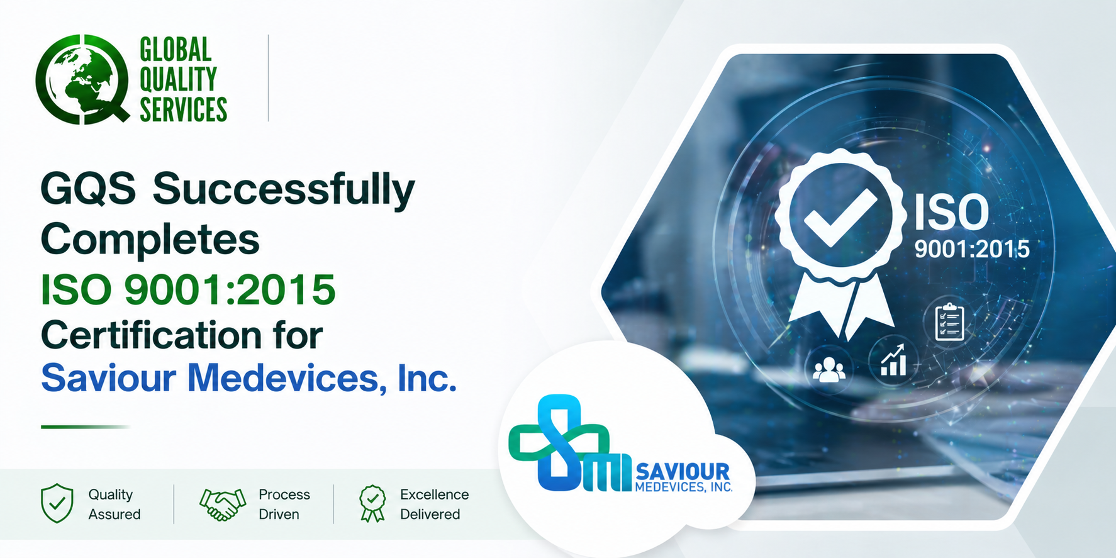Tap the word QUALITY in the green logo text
click(178, 79)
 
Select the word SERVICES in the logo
click(183, 109)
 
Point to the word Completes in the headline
click(150, 240)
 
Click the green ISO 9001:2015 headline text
click(188, 289)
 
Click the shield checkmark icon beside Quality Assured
click(57, 503)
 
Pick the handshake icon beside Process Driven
click(222, 505)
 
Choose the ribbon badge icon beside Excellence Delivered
click(372, 503)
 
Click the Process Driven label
click(284, 505)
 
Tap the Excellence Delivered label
click(435, 505)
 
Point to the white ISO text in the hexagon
click(951, 213)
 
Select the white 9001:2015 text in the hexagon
click(972, 250)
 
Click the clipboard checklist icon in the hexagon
click(949, 322)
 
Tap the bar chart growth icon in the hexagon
click(893, 360)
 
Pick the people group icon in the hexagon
click(829, 370)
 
